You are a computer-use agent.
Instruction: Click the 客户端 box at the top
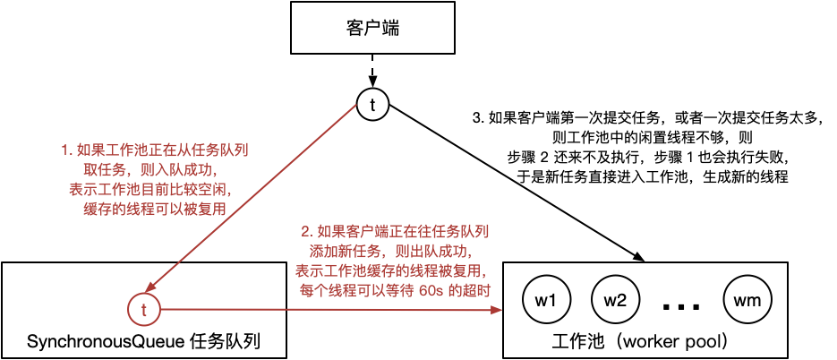coord(372,29)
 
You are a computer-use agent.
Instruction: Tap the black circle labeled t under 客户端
coord(372,105)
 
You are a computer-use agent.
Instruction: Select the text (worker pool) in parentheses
coord(670,342)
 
